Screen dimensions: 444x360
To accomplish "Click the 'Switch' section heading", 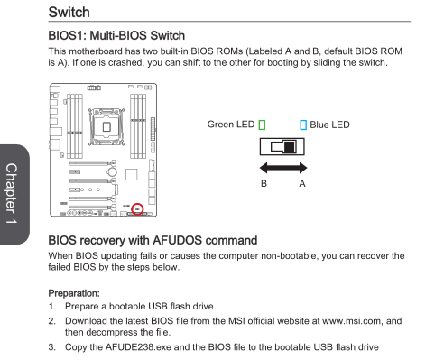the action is point(69,13).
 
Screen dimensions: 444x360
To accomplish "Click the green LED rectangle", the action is point(262,125).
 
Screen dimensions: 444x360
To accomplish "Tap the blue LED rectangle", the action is point(303,125).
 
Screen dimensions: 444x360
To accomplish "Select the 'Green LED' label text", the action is point(231,125).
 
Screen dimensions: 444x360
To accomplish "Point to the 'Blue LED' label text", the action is point(329,125).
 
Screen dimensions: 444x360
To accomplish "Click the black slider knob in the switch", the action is point(290,146).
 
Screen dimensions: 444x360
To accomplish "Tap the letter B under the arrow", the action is point(264,183).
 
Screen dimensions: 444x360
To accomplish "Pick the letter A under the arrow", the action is point(302,183).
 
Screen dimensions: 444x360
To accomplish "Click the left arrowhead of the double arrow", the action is point(264,168).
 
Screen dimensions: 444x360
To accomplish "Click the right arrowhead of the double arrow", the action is point(303,168).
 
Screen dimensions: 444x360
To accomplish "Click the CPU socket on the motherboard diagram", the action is point(106,126).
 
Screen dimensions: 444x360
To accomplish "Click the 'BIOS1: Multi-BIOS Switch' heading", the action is point(116,35).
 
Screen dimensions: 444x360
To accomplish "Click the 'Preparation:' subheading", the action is point(74,293).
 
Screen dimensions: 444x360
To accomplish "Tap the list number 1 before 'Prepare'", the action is point(51,307).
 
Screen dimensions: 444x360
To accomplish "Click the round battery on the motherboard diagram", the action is point(112,172).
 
